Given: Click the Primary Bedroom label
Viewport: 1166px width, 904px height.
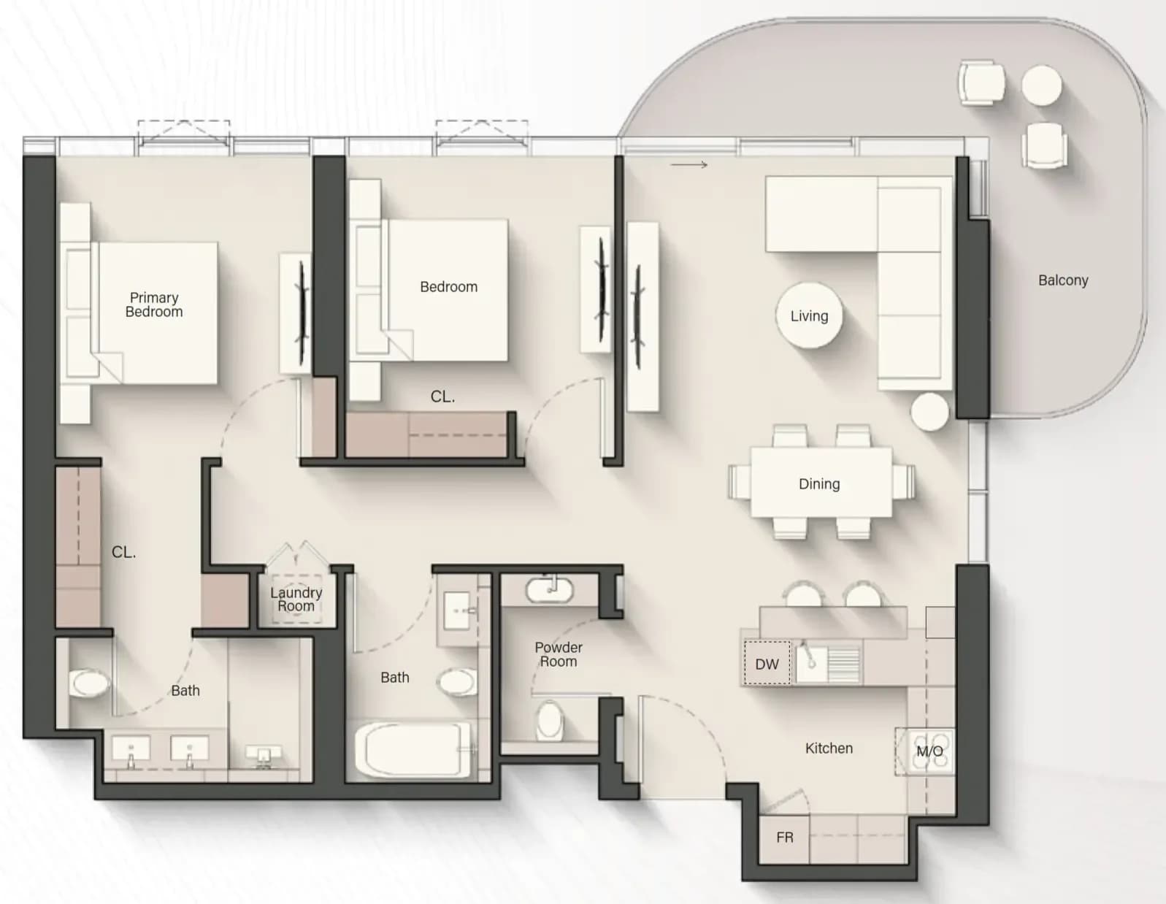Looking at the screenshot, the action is (x=154, y=304).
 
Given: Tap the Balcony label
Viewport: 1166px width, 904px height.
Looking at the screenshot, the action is (x=1063, y=280).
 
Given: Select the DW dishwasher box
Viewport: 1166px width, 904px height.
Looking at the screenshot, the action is (x=767, y=663).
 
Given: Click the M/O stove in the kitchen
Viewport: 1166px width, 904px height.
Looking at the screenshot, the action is (x=929, y=751).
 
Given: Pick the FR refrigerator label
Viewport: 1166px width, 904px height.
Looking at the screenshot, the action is (x=784, y=837).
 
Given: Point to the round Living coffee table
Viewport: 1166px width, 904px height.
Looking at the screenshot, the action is (x=809, y=315).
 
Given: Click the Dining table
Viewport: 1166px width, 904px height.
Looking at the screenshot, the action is (x=821, y=483).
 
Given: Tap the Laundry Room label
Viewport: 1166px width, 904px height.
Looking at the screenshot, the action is (x=296, y=600).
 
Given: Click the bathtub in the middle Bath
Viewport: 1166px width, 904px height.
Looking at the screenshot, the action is (x=413, y=749).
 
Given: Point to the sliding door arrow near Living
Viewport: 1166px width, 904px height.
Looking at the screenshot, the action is (x=689, y=165).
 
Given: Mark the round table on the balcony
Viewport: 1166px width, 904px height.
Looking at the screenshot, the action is (x=1041, y=85).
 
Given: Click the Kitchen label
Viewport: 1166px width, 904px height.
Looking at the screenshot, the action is (x=829, y=748).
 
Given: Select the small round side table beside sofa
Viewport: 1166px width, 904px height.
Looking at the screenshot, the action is (x=930, y=412).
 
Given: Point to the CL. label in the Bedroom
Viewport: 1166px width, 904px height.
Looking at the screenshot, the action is (x=442, y=397).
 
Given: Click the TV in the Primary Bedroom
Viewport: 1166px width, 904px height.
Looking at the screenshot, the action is (x=302, y=313).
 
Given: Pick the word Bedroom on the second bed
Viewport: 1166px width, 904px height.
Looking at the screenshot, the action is (x=448, y=286).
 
